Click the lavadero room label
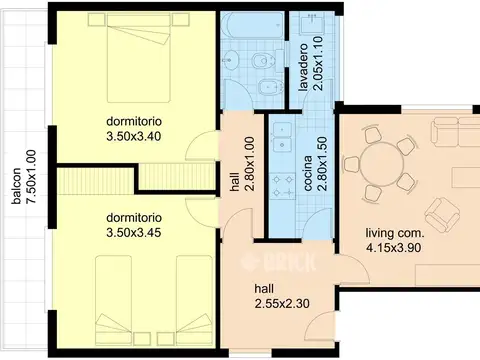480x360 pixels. click(303, 67)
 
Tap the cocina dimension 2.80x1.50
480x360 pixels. click(322, 163)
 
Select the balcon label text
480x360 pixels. click(16, 186)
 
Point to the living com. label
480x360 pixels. click(395, 233)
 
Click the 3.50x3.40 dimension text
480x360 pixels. click(134, 136)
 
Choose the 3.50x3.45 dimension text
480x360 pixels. click(134, 232)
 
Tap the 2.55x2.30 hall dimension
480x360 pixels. click(282, 304)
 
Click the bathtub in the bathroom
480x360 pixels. click(252, 26)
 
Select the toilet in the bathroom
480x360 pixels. click(263, 61)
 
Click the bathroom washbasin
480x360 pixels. click(230, 60)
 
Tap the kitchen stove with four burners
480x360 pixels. click(283, 186)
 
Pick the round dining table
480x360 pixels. click(382, 164)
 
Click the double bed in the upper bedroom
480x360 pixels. click(139, 57)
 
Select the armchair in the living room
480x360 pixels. click(442, 214)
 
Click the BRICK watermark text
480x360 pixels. click(278, 261)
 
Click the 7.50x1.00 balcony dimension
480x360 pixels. click(31, 177)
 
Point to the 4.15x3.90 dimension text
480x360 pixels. click(393, 248)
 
